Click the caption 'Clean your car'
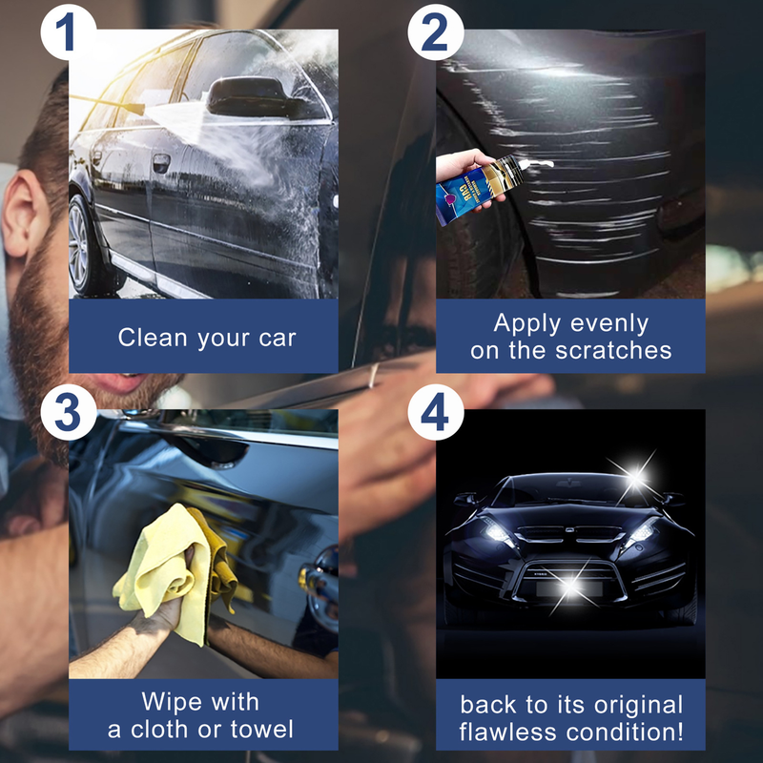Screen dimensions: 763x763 point(207,337)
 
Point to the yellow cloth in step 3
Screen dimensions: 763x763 point(172,563)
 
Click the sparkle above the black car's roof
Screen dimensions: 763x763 point(632,470)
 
